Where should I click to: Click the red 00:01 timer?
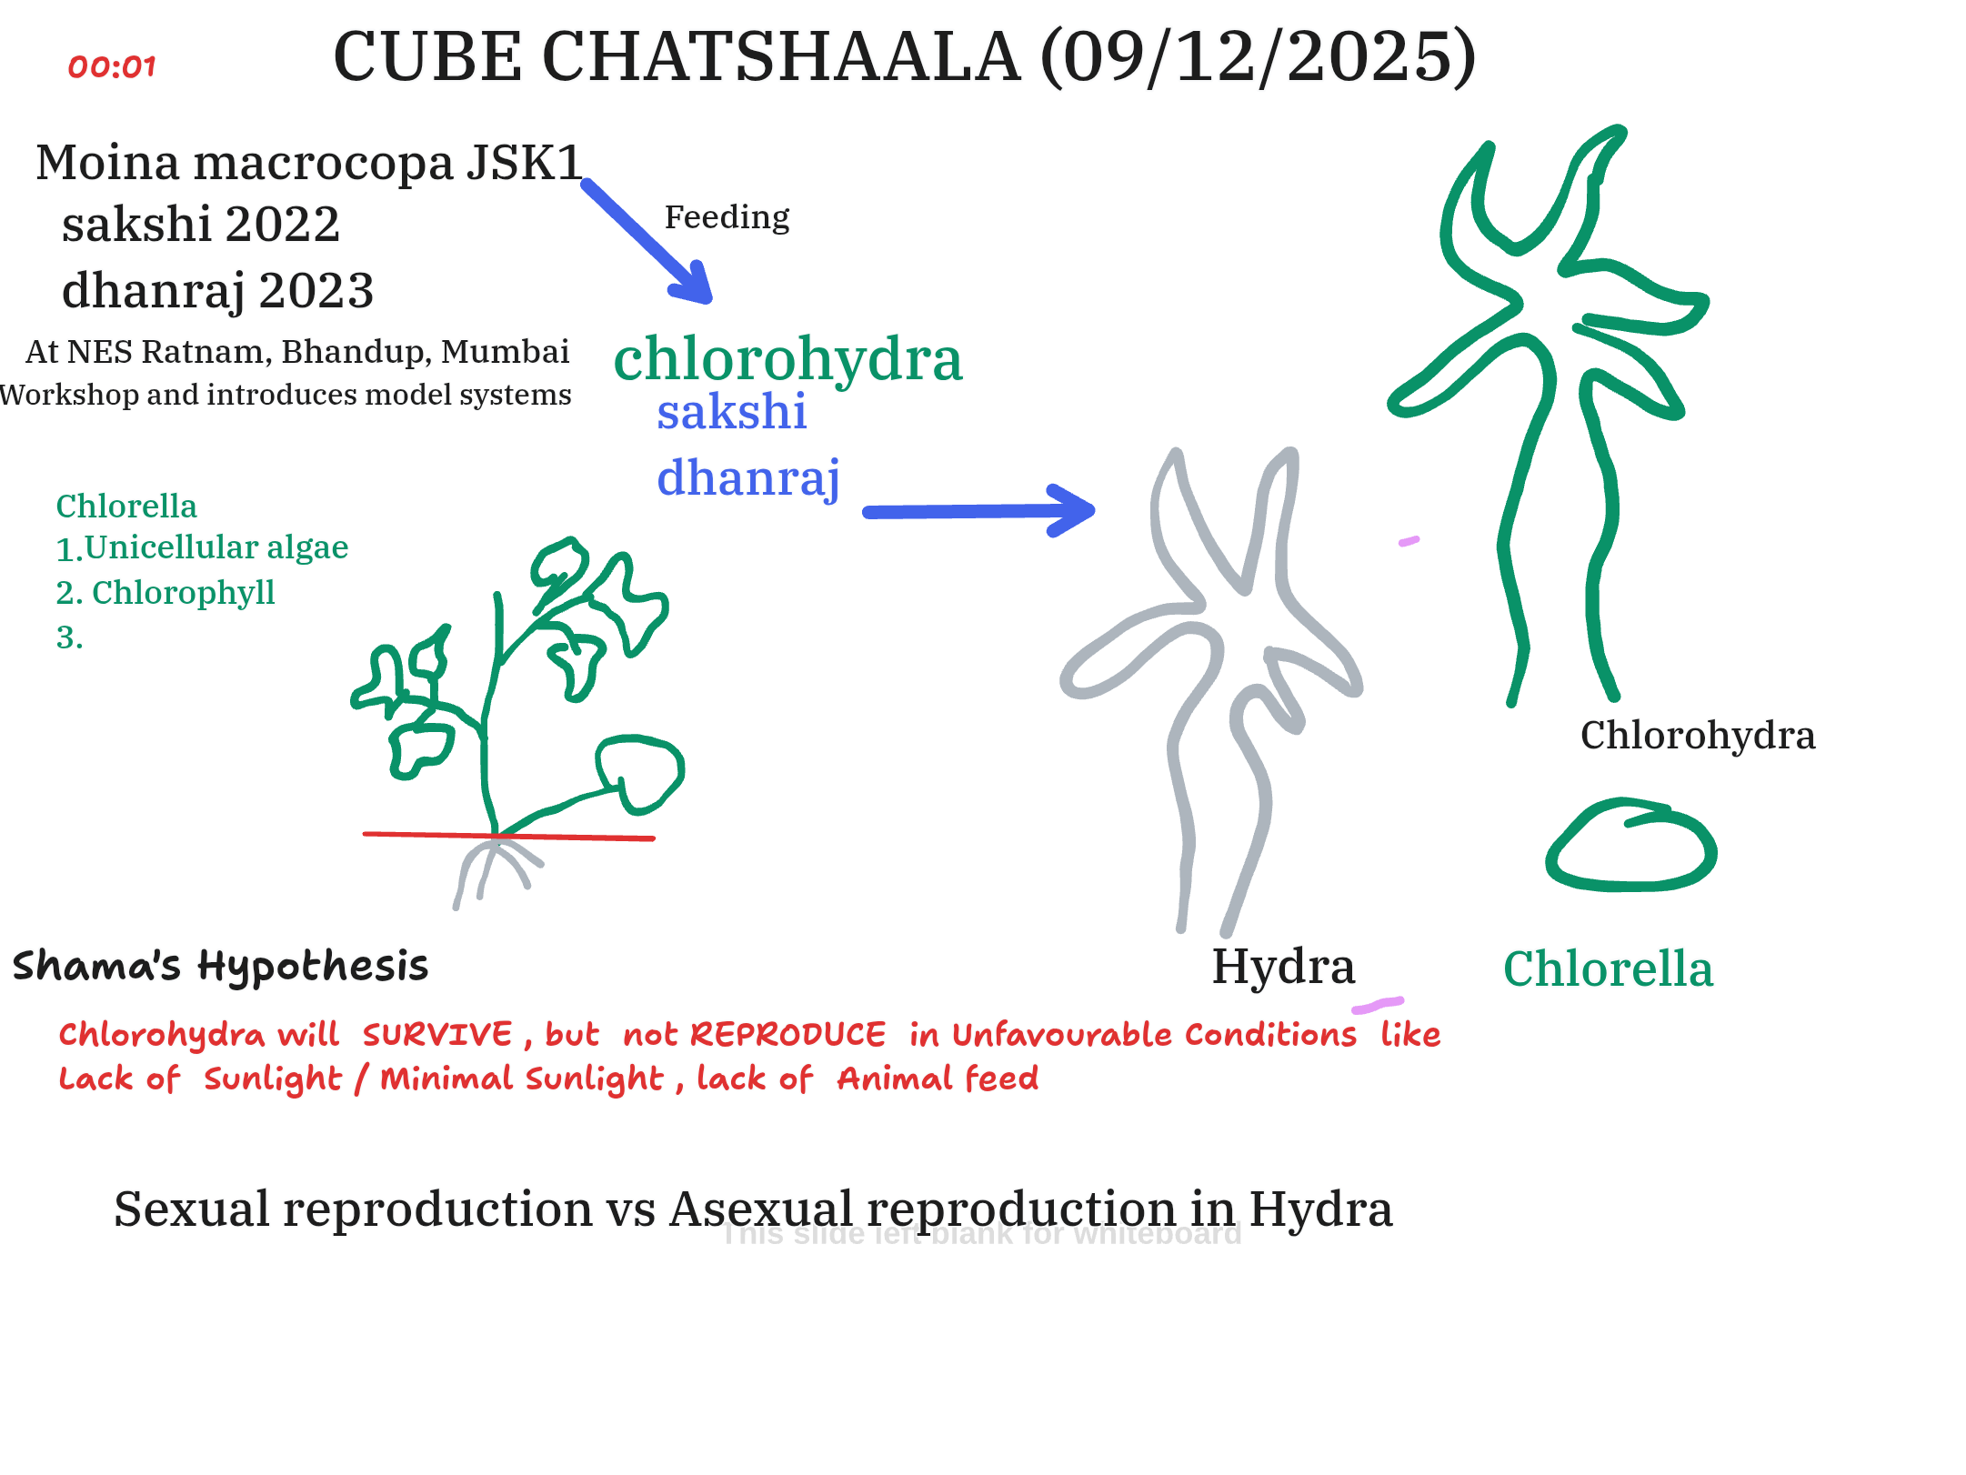[112, 66]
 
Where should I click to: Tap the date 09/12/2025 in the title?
[1258, 57]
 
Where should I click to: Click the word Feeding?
[727, 217]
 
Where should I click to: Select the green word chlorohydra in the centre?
[787, 358]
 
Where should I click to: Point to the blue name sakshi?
[731, 411]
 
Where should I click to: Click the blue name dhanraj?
[747, 477]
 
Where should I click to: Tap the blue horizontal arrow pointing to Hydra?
[978, 511]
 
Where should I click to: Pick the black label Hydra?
[1283, 966]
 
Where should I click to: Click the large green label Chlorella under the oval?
[1608, 968]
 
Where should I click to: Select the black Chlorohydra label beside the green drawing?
[1697, 735]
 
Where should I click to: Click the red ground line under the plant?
[508, 836]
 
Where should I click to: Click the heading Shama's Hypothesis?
[220, 966]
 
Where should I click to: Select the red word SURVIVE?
[437, 1035]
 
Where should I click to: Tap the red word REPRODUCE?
[787, 1035]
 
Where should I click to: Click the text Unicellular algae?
[216, 547]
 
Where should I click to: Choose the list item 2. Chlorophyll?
[166, 593]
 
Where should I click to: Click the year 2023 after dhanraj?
[316, 291]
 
